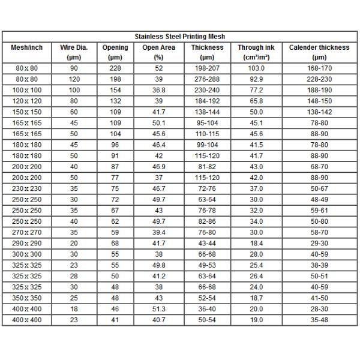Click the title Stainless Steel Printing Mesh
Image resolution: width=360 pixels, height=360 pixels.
point(180,37)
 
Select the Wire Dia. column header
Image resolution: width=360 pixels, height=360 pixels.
point(74,47)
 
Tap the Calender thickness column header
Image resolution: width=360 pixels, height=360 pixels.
point(319,47)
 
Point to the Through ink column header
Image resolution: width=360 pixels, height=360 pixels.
point(256,47)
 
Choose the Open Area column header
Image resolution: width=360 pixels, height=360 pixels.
point(159,47)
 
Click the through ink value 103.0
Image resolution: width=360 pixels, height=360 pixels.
point(256,68)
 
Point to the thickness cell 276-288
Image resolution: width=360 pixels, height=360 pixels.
point(207,79)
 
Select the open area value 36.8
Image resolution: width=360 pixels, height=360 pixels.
point(159,89)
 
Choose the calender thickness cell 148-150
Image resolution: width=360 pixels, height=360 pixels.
point(319,101)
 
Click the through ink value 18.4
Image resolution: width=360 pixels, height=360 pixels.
point(256,243)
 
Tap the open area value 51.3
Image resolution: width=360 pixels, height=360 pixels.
point(159,308)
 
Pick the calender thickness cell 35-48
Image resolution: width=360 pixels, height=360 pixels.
point(319,320)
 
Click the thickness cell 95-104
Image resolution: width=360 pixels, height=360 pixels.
point(207,123)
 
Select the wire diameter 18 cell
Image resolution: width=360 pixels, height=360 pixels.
point(74,308)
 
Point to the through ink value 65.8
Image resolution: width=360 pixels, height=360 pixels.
point(256,101)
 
